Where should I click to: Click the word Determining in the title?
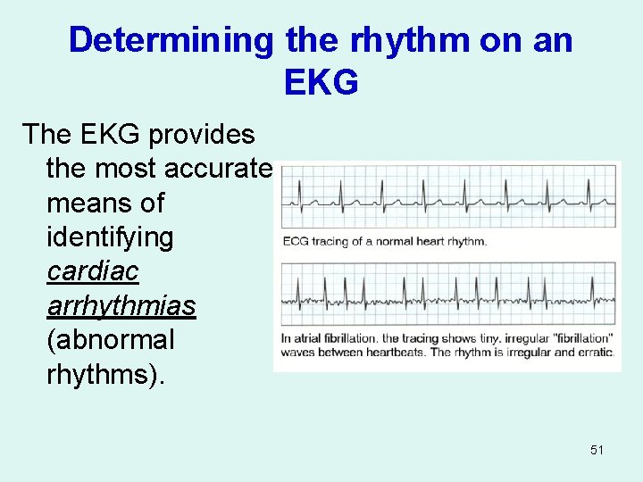coord(171,40)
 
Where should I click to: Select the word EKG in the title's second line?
coord(321,81)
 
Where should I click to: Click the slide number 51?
coord(597,450)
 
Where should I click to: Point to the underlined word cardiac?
coord(92,271)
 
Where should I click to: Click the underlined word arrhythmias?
coord(121,305)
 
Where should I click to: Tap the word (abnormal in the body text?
coord(110,340)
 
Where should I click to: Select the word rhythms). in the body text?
coord(104,374)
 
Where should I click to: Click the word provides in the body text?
coord(202,135)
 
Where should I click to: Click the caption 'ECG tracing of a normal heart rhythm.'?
coord(384,241)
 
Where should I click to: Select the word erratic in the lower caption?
coord(593,353)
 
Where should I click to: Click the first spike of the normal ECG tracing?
coord(300,189)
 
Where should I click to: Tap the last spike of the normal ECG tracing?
coord(589,189)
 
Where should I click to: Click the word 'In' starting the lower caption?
coord(286,339)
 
